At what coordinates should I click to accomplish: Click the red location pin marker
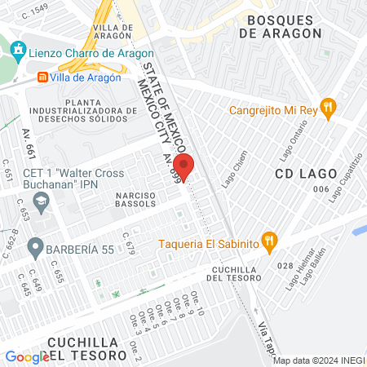pyautogui.click(x=184, y=166)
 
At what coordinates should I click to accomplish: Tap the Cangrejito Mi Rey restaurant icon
pyautogui.click(x=328, y=105)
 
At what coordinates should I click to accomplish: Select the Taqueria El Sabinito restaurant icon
pyautogui.click(x=272, y=241)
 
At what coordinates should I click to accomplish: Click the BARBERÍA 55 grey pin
pyautogui.click(x=35, y=245)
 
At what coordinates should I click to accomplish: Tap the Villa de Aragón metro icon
pyautogui.click(x=42, y=77)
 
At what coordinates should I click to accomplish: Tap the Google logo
pyautogui.click(x=28, y=356)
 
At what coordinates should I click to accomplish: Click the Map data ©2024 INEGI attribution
pyautogui.click(x=317, y=360)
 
